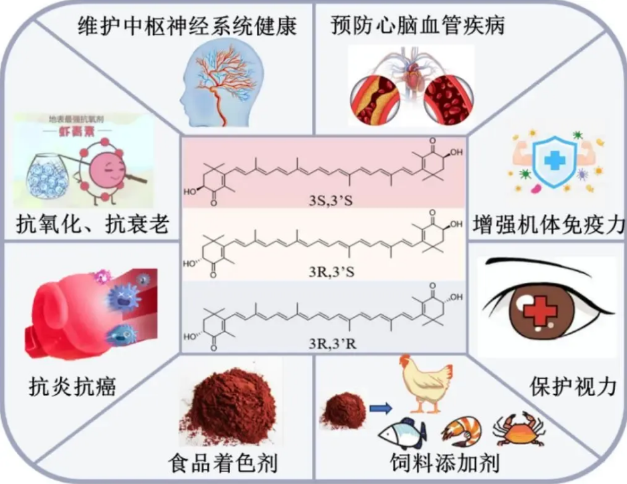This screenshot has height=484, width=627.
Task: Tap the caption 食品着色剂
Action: pyautogui.click(x=223, y=463)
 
